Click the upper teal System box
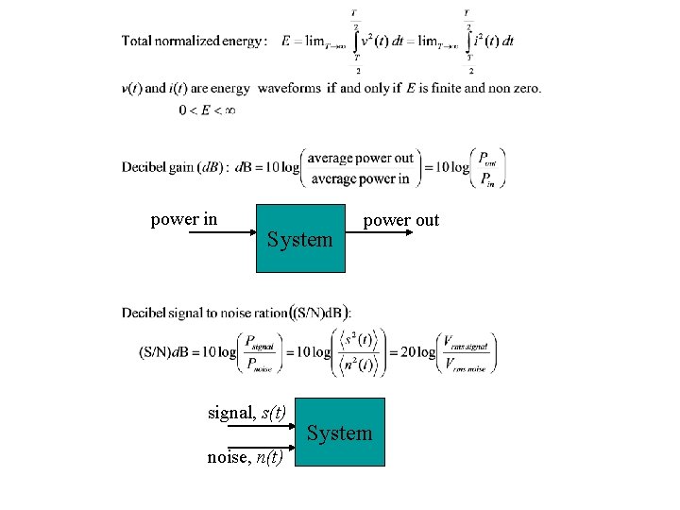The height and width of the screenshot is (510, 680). coord(298,239)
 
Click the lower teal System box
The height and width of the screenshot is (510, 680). coord(340,433)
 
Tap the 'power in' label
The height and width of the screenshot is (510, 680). coord(184,219)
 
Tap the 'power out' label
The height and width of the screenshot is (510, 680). coord(401,220)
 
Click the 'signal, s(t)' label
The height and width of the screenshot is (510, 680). coord(246,412)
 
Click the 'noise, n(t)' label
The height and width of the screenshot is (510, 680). coord(245,458)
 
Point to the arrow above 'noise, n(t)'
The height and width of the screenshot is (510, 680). coord(262,445)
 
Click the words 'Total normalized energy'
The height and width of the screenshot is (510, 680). coord(194,42)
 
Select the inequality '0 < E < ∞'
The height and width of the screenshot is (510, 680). coord(207,110)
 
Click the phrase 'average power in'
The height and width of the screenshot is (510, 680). coord(360,178)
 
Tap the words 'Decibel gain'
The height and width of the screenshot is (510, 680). coord(158,168)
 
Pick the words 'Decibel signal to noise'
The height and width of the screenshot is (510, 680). coord(195,313)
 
